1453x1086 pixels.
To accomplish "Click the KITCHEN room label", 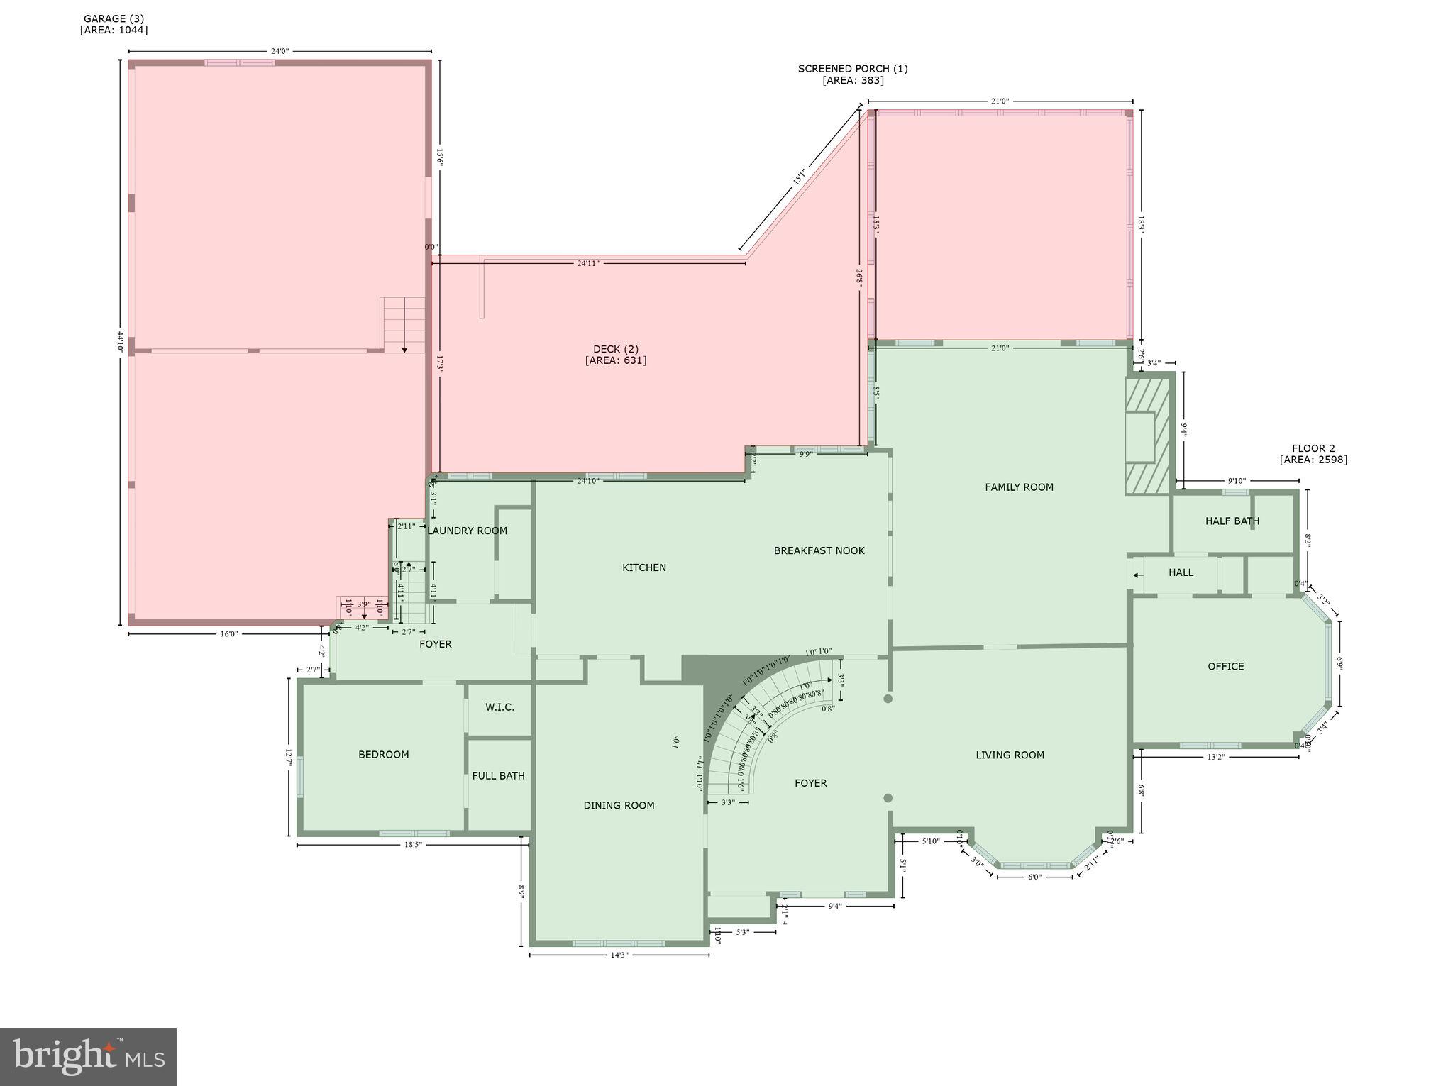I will click(x=643, y=567).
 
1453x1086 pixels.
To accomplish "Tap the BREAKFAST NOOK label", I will click(x=819, y=550).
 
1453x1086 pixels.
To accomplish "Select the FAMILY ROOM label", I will click(x=1019, y=487).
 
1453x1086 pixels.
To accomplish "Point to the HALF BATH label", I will click(x=1232, y=521).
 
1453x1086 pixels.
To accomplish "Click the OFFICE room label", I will click(x=1225, y=667).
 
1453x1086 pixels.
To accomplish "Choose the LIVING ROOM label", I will click(x=1010, y=755).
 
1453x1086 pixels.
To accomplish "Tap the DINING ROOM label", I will click(x=619, y=806).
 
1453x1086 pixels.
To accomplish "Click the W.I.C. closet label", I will click(x=499, y=707).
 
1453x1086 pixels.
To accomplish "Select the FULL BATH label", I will click(x=498, y=776).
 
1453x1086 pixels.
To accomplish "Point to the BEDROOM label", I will click(x=383, y=755).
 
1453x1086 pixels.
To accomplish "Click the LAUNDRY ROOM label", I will click(x=467, y=531).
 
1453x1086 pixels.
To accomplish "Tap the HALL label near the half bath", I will click(x=1181, y=572).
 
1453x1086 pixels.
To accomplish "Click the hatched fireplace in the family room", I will click(x=1147, y=435).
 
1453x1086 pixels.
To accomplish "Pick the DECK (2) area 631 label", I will click(x=616, y=355).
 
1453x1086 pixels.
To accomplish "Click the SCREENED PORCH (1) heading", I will click(x=852, y=69).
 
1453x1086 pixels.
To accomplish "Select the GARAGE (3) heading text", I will click(x=114, y=18).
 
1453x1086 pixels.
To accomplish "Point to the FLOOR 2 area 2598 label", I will click(x=1313, y=454).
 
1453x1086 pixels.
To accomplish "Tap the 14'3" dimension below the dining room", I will click(x=619, y=955).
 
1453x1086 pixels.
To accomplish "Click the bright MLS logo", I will click(x=88, y=1057).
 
